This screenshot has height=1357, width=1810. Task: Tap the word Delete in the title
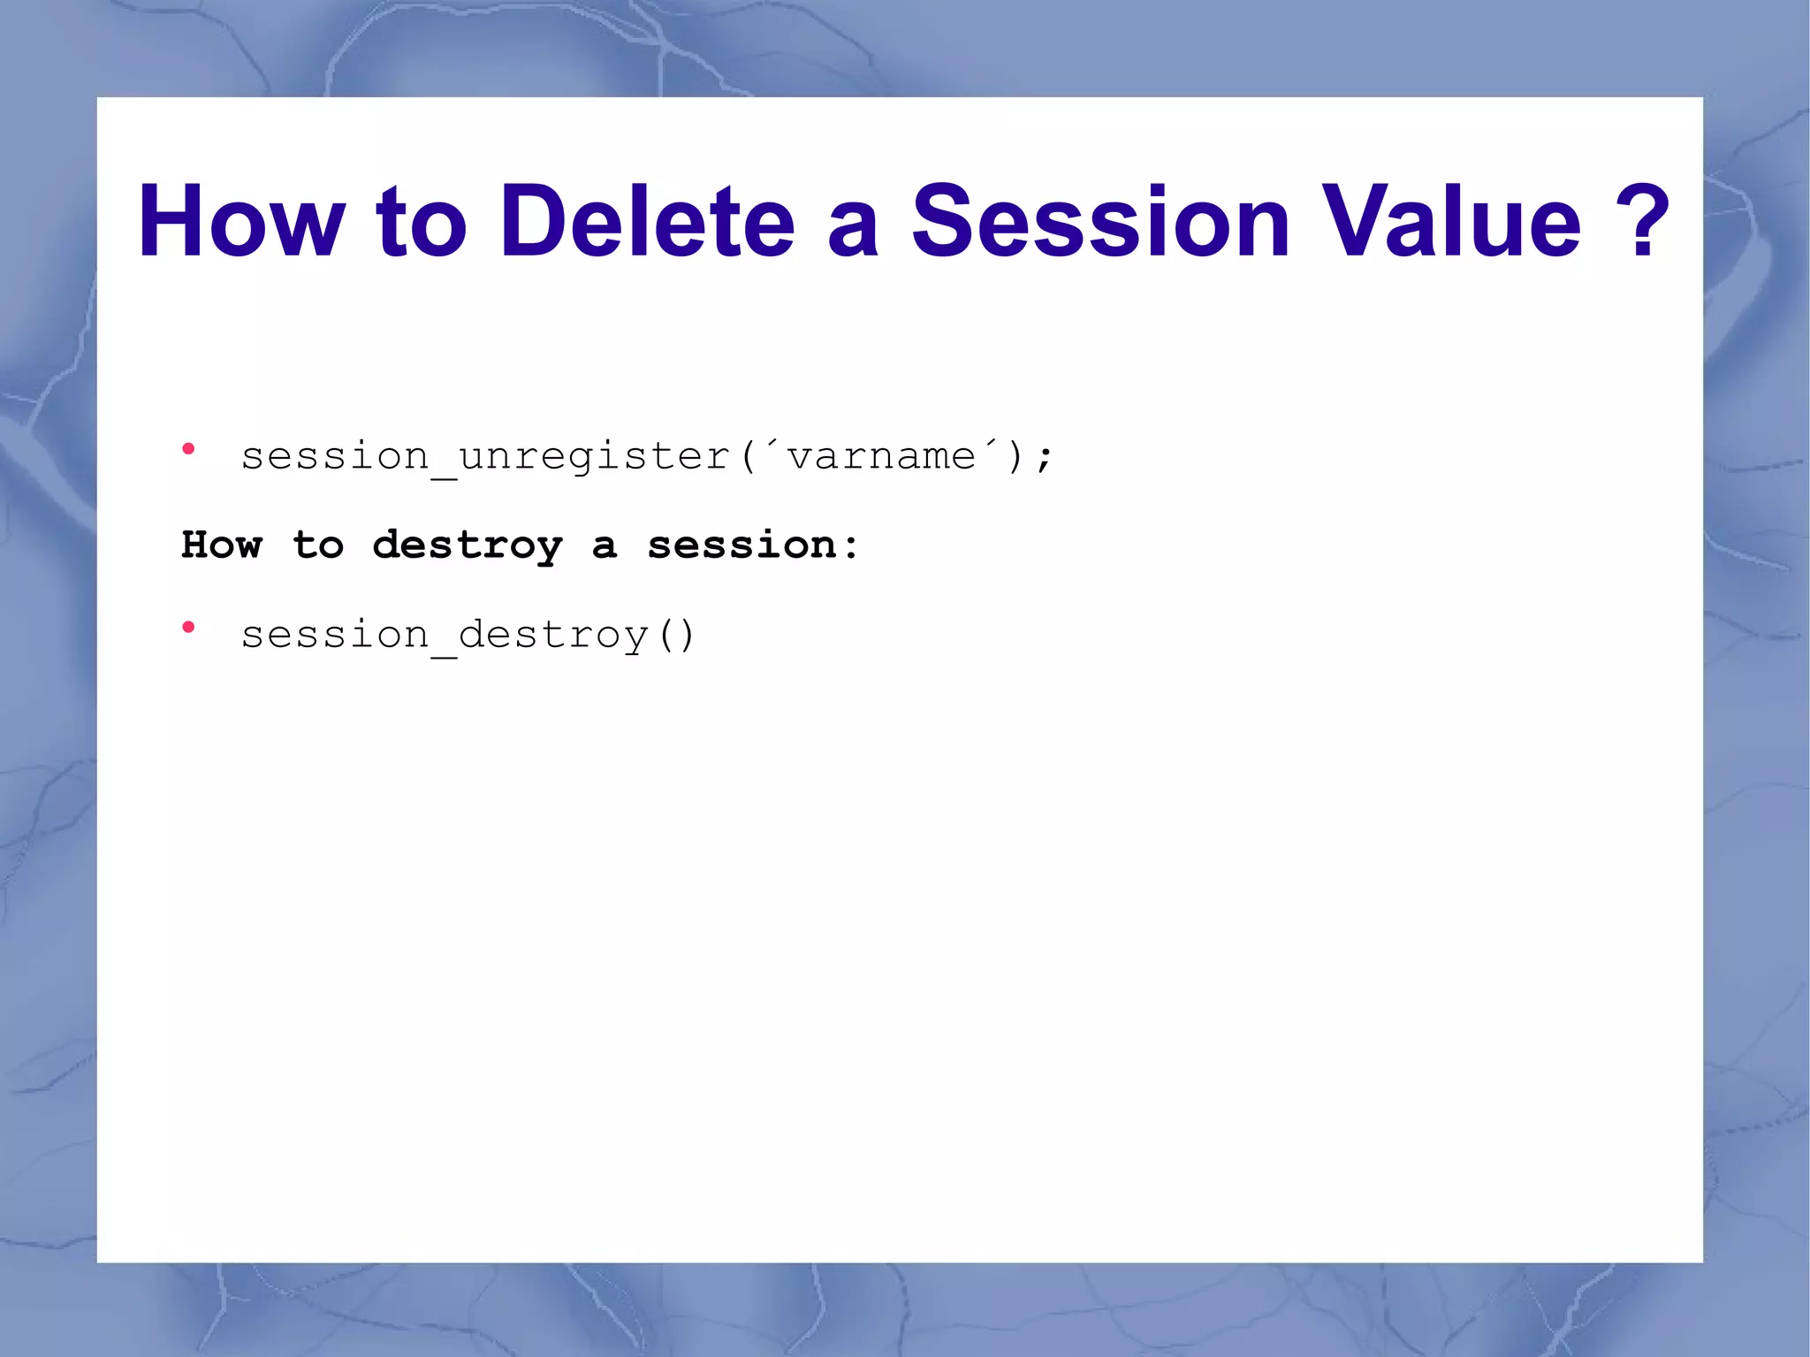tap(647, 221)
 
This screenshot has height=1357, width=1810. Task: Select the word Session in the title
tap(1100, 221)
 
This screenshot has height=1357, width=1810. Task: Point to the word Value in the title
tap(1449, 221)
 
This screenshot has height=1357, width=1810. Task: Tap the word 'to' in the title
tap(421, 223)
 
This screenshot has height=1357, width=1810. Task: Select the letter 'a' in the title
tap(853, 230)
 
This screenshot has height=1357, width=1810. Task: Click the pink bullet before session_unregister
tap(188, 449)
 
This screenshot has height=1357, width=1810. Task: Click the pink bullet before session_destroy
tap(188, 628)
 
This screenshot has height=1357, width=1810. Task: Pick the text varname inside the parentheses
tap(880, 457)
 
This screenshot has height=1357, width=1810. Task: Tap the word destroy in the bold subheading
tap(467, 545)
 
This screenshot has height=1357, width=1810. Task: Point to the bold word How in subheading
tap(222, 545)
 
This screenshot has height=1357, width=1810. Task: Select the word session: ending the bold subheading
tap(752, 545)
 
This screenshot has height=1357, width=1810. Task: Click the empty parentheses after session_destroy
tap(677, 636)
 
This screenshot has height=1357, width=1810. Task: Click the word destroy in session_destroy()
tap(553, 636)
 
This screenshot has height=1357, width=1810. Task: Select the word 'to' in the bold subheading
tap(318, 545)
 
